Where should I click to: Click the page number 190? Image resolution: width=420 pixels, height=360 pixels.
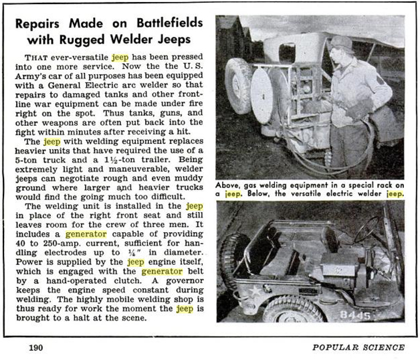pos(35,347)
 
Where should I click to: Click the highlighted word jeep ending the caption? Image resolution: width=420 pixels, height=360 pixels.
pos(391,194)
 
